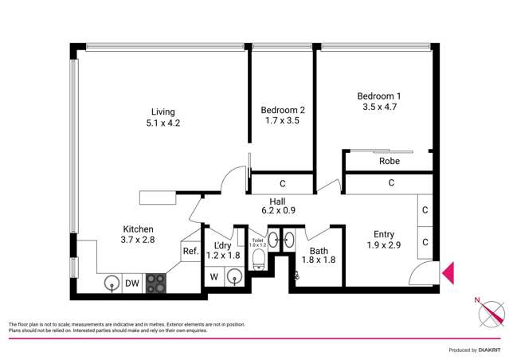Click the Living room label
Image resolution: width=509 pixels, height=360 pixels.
pos(163,112)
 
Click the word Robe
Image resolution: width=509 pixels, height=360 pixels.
pos(390,161)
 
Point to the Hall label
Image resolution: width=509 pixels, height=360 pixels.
pos(278,202)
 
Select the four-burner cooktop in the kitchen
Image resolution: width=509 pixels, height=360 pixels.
pos(156,283)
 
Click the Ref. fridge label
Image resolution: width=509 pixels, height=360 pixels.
pos(190,252)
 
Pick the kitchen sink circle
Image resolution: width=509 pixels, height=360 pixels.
pos(111,283)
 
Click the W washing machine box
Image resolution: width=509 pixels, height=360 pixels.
pos(214,277)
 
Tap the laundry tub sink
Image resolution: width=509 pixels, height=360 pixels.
pos(234,276)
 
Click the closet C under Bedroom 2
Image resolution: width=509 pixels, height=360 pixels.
pos(283,183)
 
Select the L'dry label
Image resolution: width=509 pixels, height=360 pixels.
pos(222,246)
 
